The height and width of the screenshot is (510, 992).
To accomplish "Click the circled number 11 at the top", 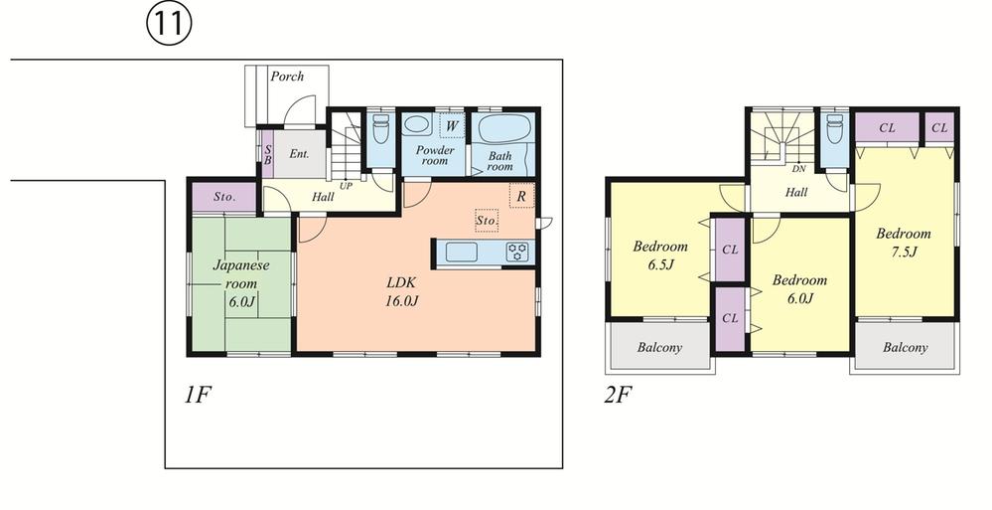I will click(169, 25).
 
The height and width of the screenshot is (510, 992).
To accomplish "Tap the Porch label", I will click(287, 77).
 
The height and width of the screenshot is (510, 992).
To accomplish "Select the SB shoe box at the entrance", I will click(267, 154).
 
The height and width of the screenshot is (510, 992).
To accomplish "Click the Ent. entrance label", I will click(299, 154).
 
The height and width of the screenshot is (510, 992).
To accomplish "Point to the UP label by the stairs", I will click(347, 186).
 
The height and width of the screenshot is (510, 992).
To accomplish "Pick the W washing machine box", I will click(451, 126).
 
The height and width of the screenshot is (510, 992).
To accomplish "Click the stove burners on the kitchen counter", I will click(518, 253).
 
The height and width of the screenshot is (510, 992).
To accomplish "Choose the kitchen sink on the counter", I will click(463, 253).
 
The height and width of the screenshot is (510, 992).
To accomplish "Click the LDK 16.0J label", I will click(402, 291).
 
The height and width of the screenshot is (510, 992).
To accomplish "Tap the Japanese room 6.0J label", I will click(239, 283).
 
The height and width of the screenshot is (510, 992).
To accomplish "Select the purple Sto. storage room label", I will click(224, 198).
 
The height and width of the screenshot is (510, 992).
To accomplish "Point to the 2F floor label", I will click(618, 395).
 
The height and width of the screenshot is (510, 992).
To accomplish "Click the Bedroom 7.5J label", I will click(903, 243).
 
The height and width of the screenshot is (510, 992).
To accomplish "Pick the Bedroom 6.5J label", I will click(659, 255).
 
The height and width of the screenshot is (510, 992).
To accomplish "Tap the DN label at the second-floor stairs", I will click(798, 170).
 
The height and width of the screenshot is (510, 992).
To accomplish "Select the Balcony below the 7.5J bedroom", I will click(905, 348).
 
